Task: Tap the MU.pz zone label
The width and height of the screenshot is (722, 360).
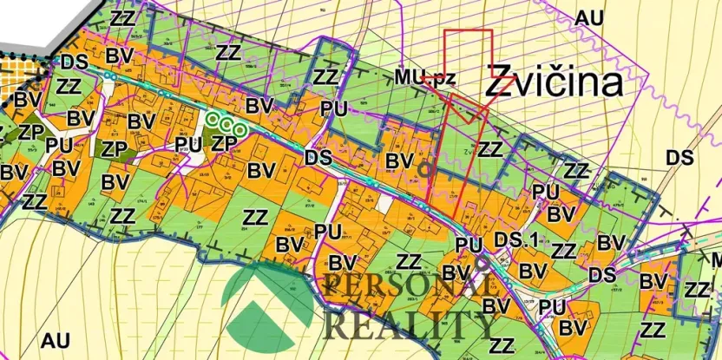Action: (x=424, y=79)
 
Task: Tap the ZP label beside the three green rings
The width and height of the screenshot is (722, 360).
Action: (x=225, y=141)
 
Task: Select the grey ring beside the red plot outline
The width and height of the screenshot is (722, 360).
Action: (x=424, y=170)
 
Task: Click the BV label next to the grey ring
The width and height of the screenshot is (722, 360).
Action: (x=398, y=161)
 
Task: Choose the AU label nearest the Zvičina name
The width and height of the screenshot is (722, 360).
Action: (x=588, y=17)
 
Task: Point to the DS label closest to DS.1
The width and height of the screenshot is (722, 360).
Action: (x=601, y=274)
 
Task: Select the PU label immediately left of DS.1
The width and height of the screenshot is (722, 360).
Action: (x=469, y=246)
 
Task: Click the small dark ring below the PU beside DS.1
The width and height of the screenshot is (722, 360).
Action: (x=479, y=261)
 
